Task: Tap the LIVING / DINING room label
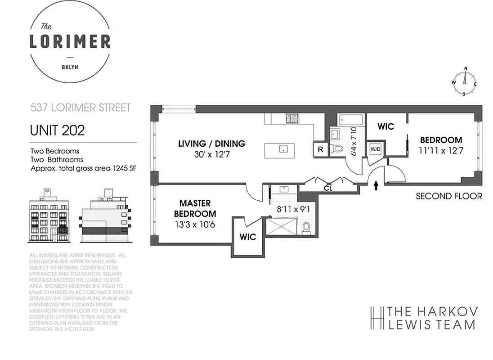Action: coord(212,144)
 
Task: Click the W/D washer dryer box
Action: coord(375,149)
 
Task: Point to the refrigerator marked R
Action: coord(320,150)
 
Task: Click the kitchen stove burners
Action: coord(292,118)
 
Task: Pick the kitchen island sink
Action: coord(283,148)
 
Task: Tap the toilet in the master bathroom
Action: coord(306,228)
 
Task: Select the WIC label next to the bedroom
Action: coord(385,127)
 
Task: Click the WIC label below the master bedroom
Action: coord(247,237)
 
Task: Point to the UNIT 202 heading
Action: coord(57,130)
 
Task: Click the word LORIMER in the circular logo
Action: coord(70,41)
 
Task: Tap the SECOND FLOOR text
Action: coord(448,196)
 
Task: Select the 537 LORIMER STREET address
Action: coord(80,108)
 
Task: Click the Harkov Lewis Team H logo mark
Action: coord(376,318)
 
